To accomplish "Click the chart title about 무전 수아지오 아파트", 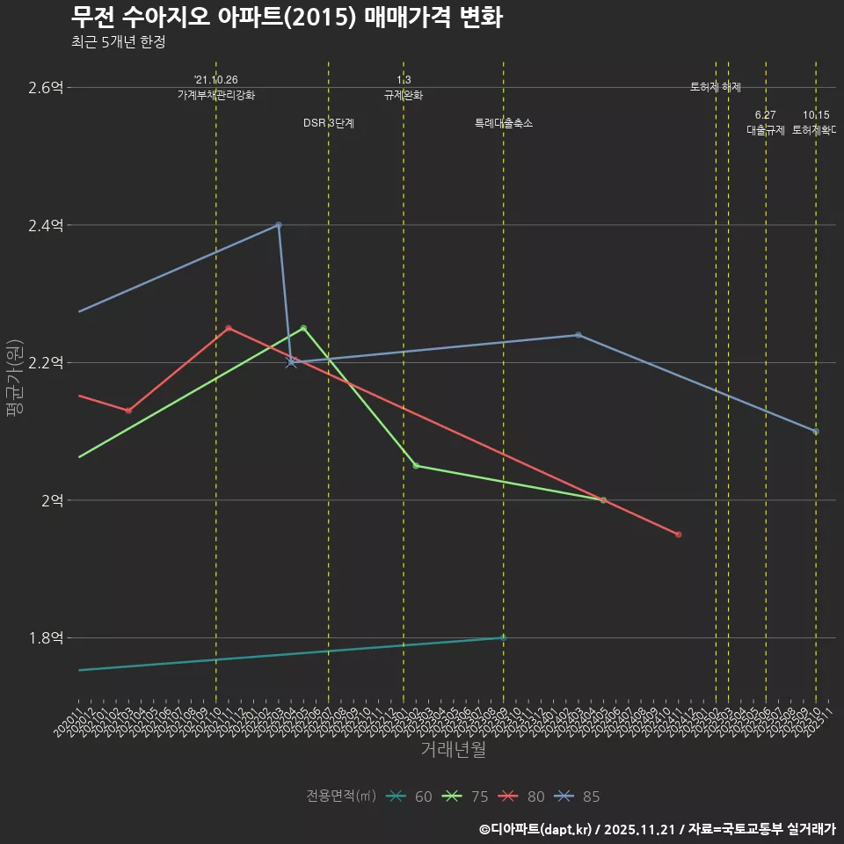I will click(287, 18).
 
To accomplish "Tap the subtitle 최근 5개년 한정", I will click(118, 42).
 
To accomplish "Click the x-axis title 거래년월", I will click(453, 749).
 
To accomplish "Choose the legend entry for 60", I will click(410, 797).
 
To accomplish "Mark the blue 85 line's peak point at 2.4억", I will click(279, 225).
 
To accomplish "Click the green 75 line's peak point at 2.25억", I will click(303, 328).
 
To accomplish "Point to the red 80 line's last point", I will click(678, 535).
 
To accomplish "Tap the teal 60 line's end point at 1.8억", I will click(503, 637).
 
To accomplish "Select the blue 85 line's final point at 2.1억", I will click(816, 432).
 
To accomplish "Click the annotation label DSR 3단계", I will click(329, 124).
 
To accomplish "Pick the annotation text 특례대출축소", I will click(504, 124).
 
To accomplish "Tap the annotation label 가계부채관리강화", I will click(216, 95).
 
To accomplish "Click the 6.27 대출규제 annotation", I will click(765, 123).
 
